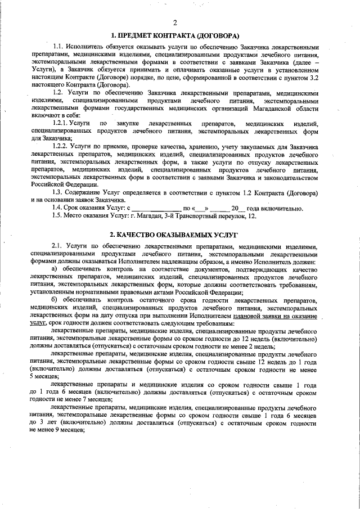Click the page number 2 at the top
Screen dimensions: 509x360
(175, 22)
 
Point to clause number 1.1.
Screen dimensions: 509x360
(58, 45)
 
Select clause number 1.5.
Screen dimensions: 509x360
(58, 217)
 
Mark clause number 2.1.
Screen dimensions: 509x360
(58, 247)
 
